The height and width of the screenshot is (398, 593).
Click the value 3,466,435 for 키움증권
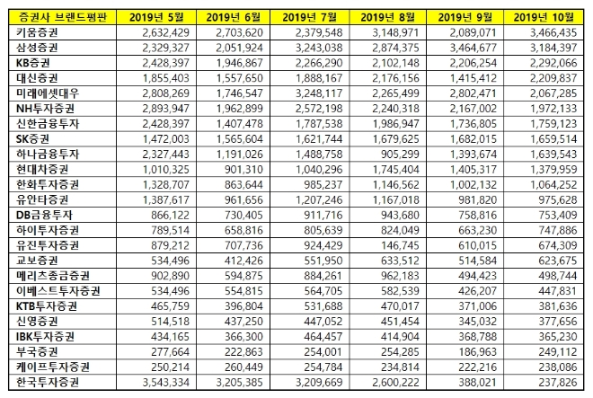pyautogui.click(x=553, y=31)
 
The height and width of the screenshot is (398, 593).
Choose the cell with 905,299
pyautogui.click(x=397, y=154)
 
